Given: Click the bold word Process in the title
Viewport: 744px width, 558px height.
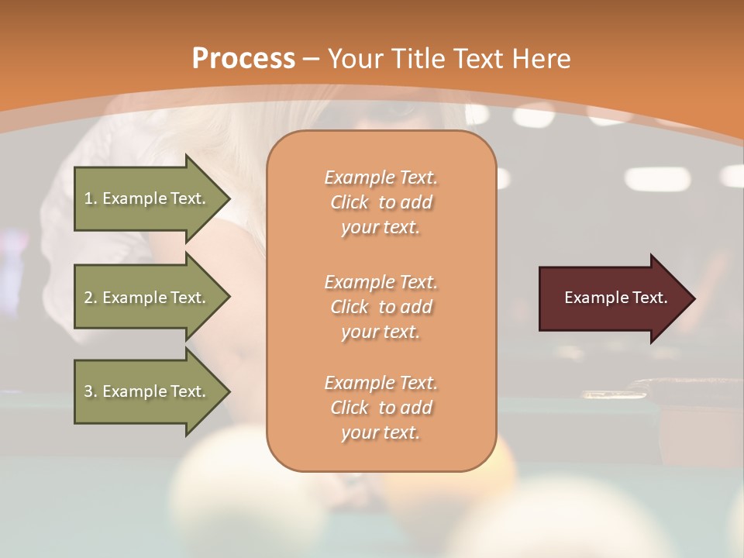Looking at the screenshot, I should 243,59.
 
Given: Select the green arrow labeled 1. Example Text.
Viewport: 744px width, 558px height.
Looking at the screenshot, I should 147,198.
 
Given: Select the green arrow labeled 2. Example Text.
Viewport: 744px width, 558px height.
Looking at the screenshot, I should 147,298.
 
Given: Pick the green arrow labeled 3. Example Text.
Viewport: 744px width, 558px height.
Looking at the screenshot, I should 147,391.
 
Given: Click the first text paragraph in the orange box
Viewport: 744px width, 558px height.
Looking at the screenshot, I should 381,202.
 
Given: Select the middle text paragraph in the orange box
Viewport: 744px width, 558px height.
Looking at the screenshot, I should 381,307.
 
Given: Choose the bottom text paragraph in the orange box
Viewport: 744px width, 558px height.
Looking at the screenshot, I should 381,408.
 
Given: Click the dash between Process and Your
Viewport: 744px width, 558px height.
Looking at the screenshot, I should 312,59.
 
